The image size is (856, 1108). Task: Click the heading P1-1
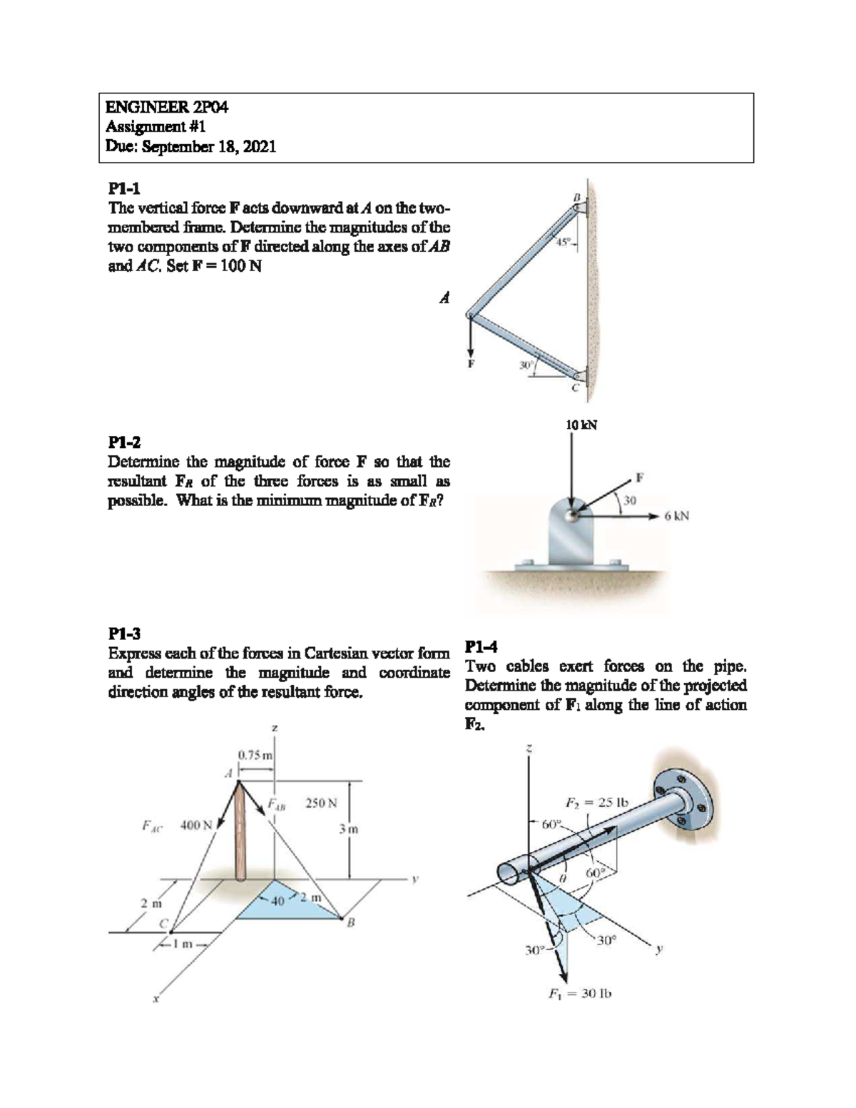pyautogui.click(x=124, y=188)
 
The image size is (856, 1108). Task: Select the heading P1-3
pyautogui.click(x=124, y=634)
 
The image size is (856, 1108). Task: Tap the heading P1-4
pyautogui.click(x=481, y=647)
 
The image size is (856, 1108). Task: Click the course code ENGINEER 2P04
pyautogui.click(x=167, y=108)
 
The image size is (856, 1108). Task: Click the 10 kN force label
pyautogui.click(x=581, y=425)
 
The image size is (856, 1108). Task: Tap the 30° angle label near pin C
pyautogui.click(x=526, y=365)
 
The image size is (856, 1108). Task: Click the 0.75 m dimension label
pyautogui.click(x=255, y=755)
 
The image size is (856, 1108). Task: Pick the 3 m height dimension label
pyautogui.click(x=349, y=829)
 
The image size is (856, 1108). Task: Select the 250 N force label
pyautogui.click(x=321, y=803)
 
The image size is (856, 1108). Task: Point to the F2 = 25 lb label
pyautogui.click(x=596, y=802)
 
